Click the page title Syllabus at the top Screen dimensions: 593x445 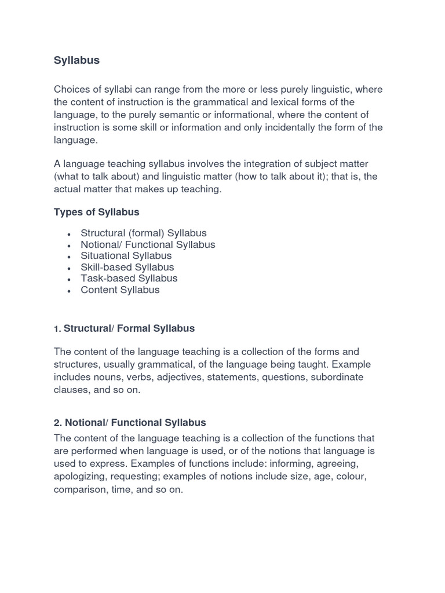(76, 60)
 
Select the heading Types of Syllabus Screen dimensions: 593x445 (96, 212)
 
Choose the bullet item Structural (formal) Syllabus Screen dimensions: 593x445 (143, 233)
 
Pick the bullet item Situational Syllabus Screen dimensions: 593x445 (126, 255)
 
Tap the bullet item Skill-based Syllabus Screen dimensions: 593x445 (127, 267)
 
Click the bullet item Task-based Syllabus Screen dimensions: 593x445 (129, 278)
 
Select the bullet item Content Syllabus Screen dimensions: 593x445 (120, 290)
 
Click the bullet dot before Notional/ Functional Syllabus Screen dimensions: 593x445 (70, 245)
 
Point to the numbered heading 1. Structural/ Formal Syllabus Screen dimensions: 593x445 (124, 328)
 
